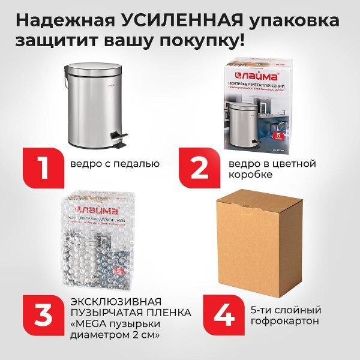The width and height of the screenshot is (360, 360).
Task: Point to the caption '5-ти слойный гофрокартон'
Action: pyautogui.click(x=283, y=316)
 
